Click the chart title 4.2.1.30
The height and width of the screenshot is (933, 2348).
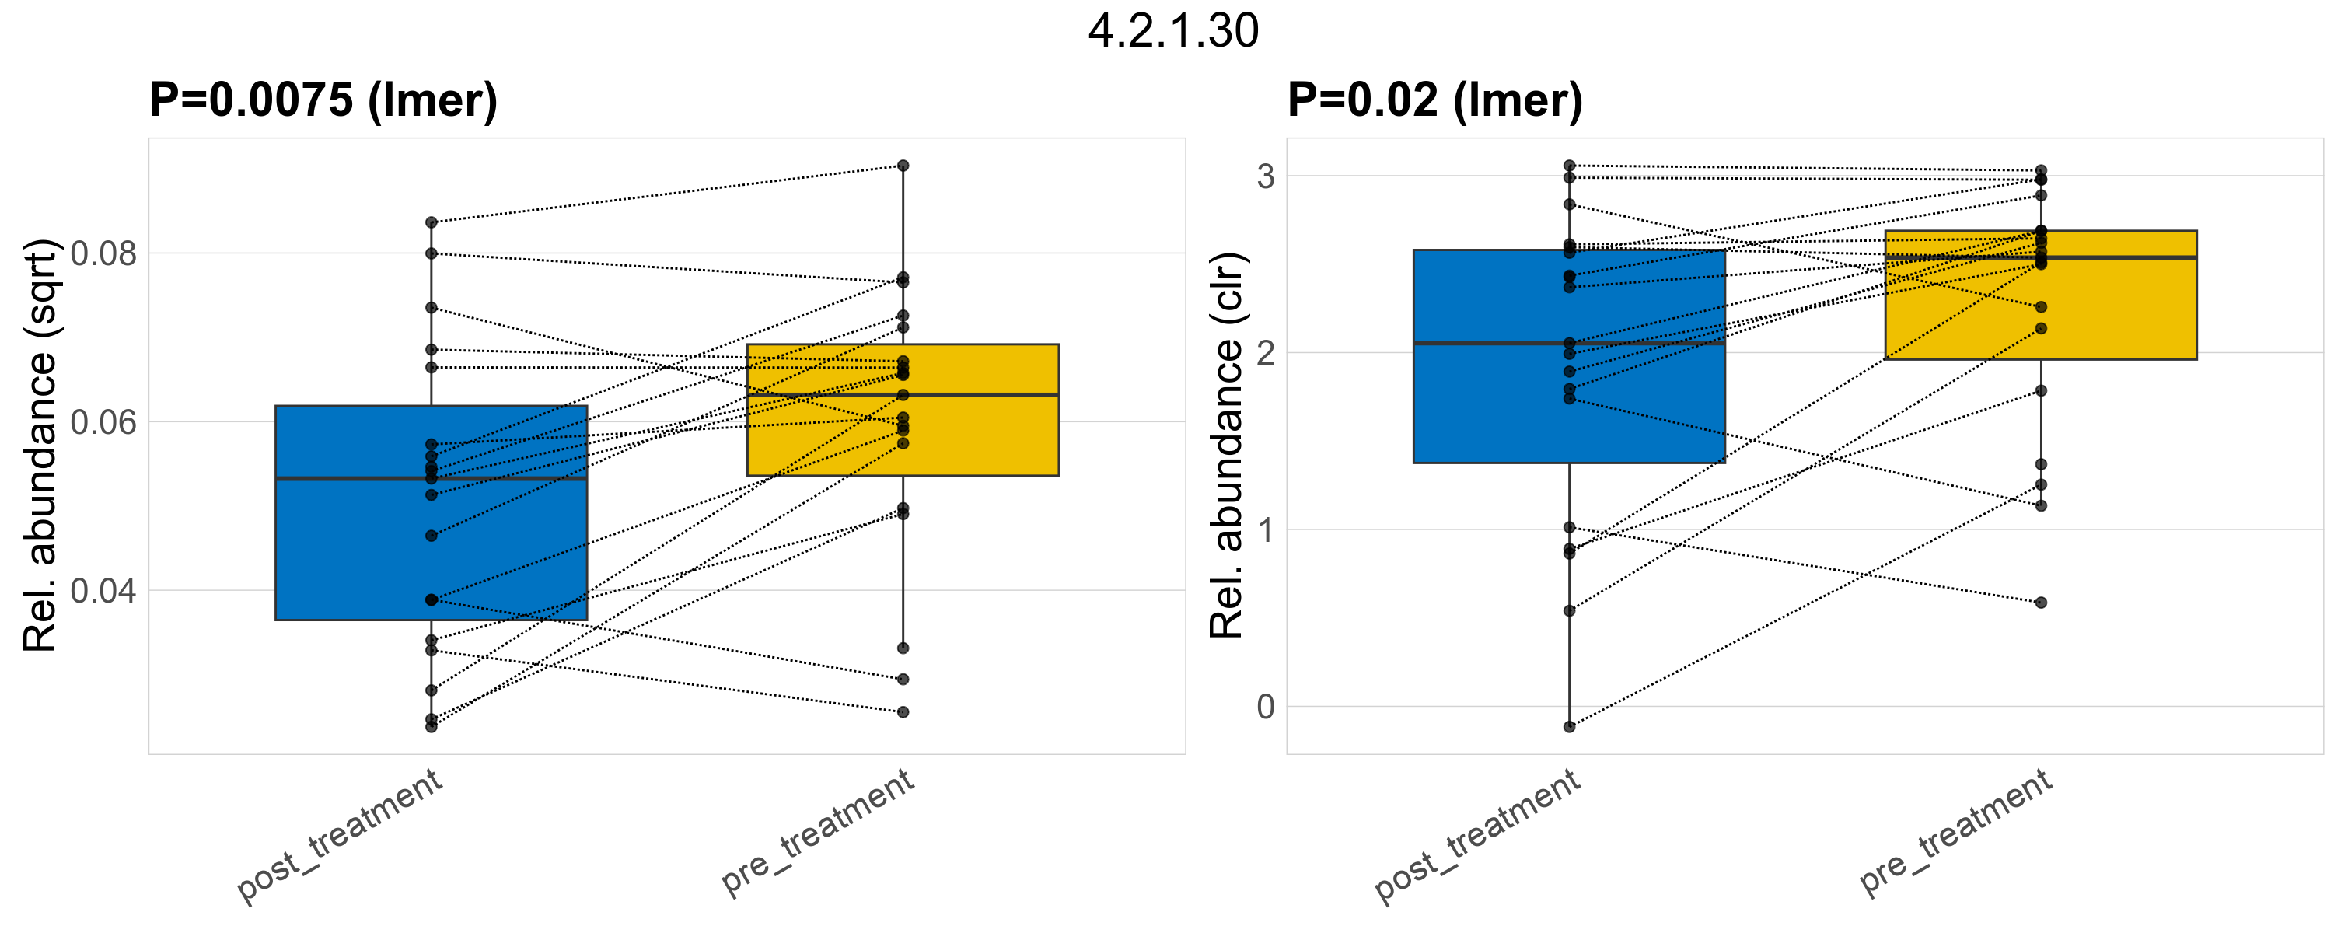[x=1173, y=31]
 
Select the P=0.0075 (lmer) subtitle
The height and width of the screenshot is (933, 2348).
[x=323, y=100]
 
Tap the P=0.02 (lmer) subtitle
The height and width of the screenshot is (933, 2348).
[x=1434, y=100]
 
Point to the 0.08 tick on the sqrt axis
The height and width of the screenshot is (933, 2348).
[x=103, y=253]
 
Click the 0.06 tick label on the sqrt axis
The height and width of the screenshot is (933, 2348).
[x=103, y=422]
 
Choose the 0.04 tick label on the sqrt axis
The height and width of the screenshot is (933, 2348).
[x=103, y=590]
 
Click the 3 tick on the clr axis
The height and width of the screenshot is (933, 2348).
[x=1265, y=176]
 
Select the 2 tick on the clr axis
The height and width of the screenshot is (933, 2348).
[x=1265, y=353]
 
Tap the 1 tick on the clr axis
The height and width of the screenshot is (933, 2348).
[x=1265, y=529]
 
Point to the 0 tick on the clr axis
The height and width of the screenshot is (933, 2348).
[x=1265, y=706]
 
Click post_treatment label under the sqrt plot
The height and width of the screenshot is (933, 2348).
[x=340, y=836]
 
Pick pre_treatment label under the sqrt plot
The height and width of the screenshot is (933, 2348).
[x=818, y=831]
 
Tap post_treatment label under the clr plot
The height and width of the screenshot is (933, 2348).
[x=1477, y=836]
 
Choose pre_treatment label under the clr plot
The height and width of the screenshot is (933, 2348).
[x=1956, y=831]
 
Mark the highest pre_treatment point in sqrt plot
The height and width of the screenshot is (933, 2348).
[x=903, y=166]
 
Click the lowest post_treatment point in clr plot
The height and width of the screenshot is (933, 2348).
[x=1570, y=726]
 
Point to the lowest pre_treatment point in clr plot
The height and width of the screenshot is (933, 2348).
[x=2041, y=603]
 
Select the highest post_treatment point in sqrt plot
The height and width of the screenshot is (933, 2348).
[x=432, y=222]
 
